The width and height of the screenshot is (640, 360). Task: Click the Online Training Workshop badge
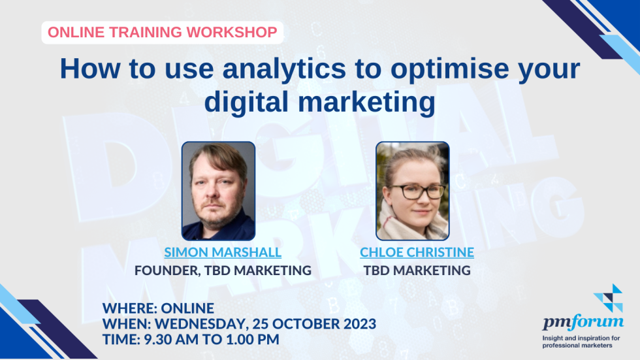tap(163, 32)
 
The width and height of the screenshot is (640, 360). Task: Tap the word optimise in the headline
tap(450, 70)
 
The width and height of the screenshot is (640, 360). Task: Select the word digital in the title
tap(246, 102)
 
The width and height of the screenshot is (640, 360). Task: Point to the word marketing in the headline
tap(366, 102)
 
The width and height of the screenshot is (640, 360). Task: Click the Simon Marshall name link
tap(223, 252)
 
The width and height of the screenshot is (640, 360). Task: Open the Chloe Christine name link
tap(417, 252)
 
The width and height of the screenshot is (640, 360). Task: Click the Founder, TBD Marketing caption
tap(223, 270)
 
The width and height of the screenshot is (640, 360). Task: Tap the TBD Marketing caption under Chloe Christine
tap(417, 270)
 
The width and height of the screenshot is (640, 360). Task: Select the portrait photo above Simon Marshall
tap(218, 191)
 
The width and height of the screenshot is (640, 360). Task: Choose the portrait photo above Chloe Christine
tap(413, 191)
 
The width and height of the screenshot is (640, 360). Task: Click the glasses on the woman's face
tap(417, 191)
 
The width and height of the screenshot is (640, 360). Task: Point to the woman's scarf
tap(412, 225)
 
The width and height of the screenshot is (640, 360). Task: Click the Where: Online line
tap(158, 308)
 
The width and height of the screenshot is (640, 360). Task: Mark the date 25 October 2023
tap(314, 323)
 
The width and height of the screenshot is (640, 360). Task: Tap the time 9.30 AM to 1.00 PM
tap(212, 339)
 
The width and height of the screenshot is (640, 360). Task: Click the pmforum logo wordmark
tap(583, 321)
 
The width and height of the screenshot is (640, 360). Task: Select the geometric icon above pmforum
tap(608, 298)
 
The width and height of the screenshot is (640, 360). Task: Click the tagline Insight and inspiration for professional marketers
tap(581, 342)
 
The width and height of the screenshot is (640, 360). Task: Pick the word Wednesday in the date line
tap(202, 324)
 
